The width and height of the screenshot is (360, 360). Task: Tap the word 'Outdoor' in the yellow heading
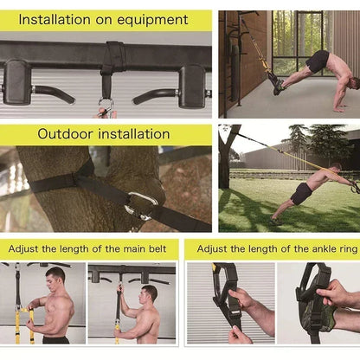click(67, 133)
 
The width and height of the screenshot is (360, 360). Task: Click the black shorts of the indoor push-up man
click(318, 61)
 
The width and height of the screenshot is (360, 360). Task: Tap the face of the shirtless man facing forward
click(55, 279)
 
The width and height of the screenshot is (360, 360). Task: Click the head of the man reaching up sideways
click(149, 293)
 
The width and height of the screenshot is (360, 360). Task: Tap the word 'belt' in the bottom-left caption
click(149, 248)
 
